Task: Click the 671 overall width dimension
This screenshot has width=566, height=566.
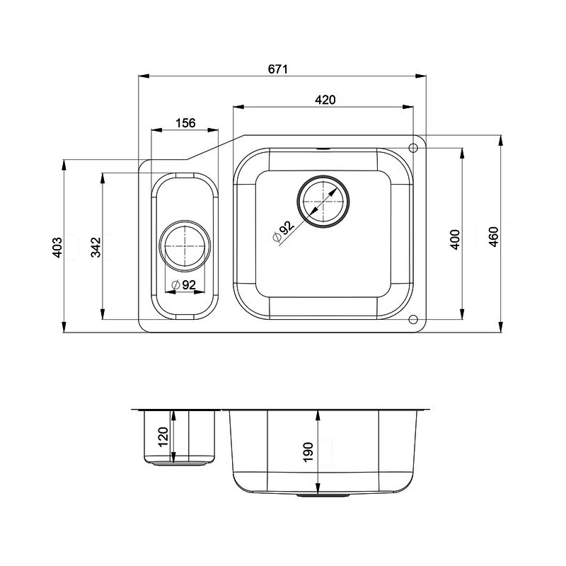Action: [278, 69]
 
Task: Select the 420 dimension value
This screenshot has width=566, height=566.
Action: [324, 100]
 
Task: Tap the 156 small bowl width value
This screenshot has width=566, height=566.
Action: [185, 123]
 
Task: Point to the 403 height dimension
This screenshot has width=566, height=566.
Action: [59, 246]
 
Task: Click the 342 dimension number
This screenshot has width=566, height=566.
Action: [97, 246]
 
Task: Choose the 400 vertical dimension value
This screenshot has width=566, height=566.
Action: [455, 239]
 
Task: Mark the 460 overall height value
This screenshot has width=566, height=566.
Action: [494, 236]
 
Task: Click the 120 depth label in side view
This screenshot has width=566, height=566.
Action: [163, 438]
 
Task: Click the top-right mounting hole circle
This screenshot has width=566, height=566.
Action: [414, 146]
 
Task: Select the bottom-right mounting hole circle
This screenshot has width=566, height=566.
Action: [413, 319]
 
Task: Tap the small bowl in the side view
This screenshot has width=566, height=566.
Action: [180, 435]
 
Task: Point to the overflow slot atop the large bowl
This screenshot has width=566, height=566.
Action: [323, 150]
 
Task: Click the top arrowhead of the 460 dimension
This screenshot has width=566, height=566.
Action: [501, 139]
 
